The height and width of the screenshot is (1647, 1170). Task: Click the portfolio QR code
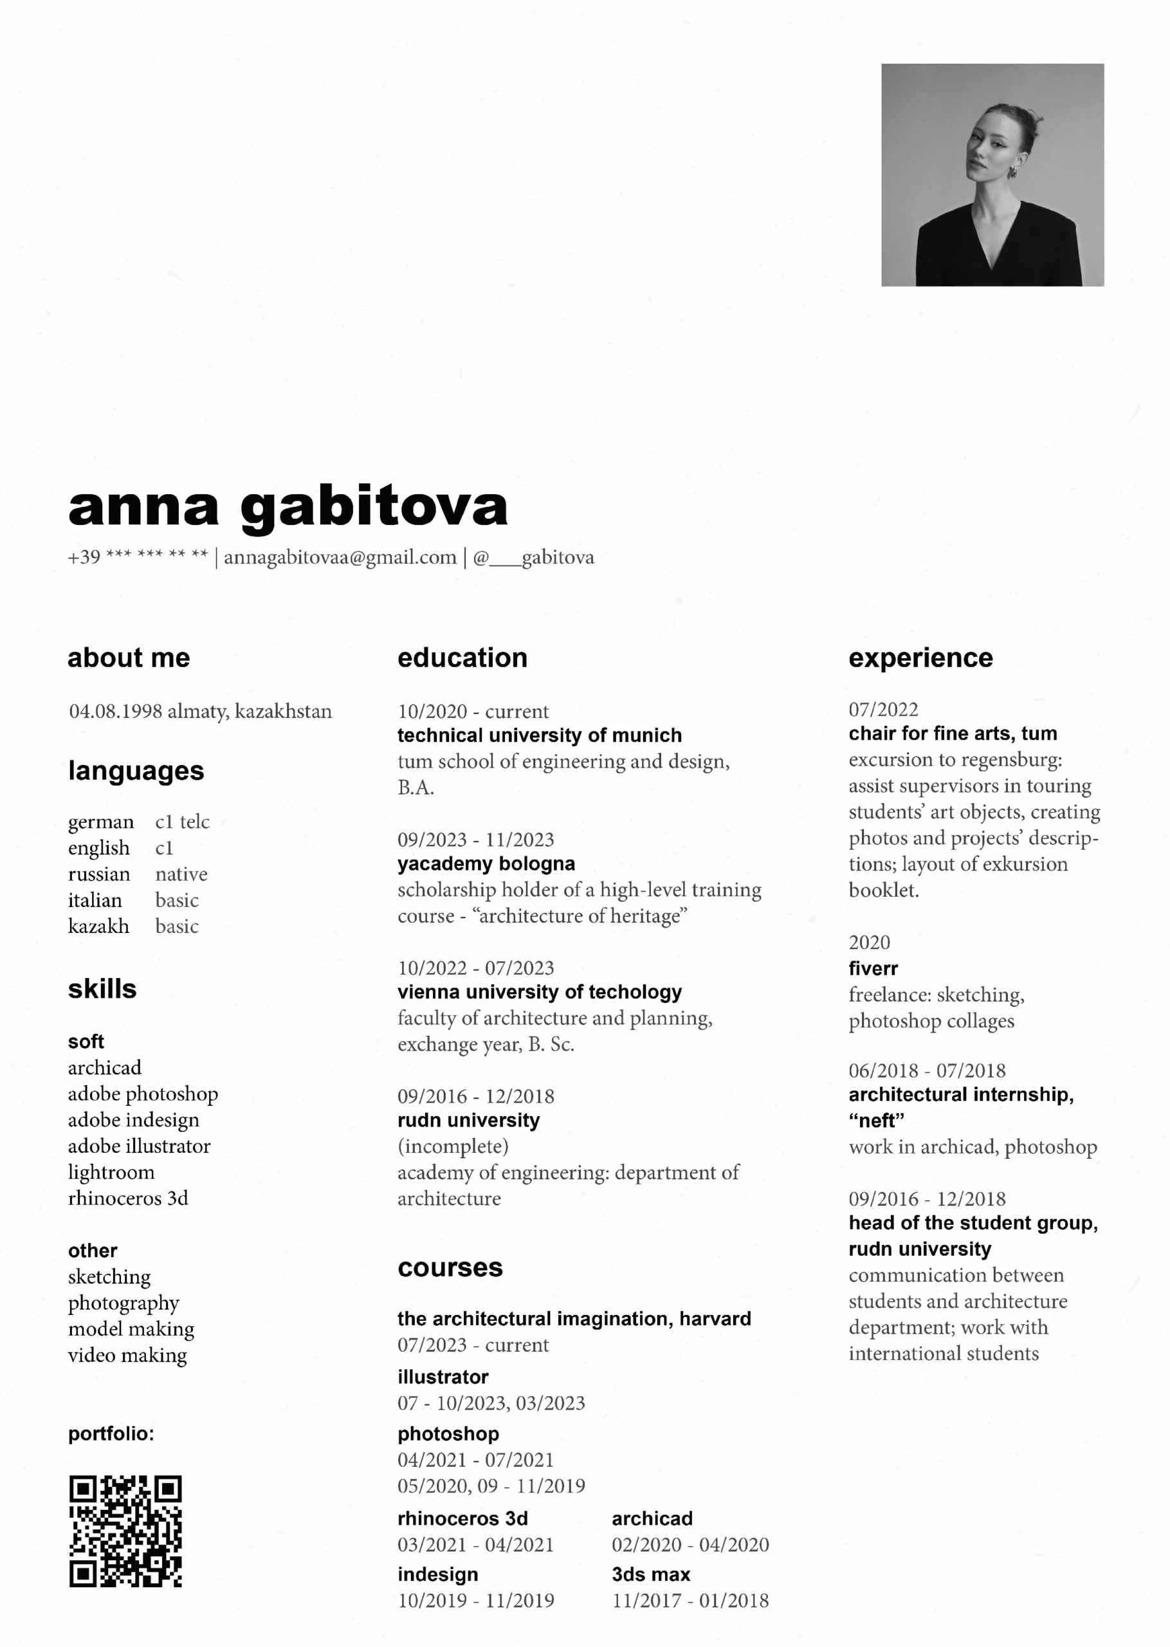(125, 1531)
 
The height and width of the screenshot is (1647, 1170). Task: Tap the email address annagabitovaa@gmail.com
(340, 558)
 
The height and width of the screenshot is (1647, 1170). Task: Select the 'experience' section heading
(920, 658)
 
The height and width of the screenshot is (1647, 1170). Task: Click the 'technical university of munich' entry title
(539, 735)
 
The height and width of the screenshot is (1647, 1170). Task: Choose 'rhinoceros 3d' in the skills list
(127, 1198)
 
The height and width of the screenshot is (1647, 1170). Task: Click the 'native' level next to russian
(181, 874)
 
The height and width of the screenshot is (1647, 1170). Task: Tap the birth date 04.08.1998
(115, 712)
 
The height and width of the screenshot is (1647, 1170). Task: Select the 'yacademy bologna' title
(486, 863)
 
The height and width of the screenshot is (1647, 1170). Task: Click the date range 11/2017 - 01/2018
(690, 1600)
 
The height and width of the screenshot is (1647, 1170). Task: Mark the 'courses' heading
(450, 1267)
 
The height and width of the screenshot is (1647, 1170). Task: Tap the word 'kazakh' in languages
(98, 926)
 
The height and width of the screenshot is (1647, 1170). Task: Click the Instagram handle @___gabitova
(533, 558)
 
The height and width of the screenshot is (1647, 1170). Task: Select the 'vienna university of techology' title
(539, 991)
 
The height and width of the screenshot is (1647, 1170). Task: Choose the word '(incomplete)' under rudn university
(452, 1146)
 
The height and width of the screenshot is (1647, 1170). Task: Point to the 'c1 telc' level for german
(182, 822)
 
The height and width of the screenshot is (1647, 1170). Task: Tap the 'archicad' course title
(652, 1518)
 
